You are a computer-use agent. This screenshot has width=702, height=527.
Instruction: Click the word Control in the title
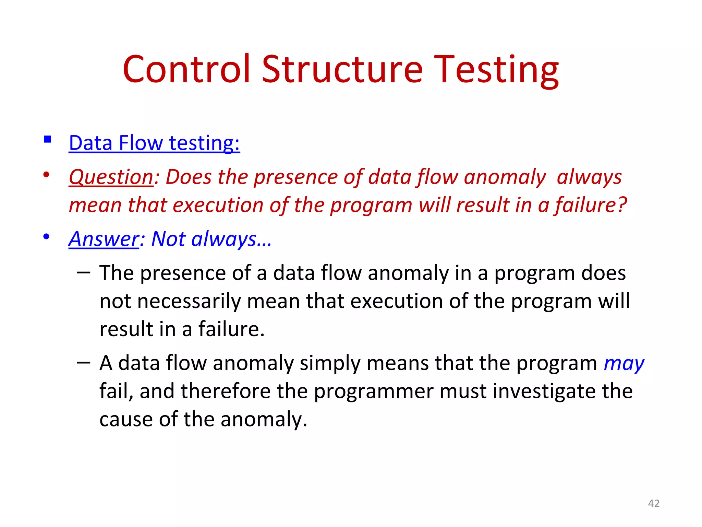[186, 69]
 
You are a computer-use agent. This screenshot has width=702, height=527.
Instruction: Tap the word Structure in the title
[342, 69]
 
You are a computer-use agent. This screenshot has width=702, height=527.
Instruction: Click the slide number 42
[654, 503]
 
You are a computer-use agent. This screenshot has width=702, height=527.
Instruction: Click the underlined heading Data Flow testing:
[154, 143]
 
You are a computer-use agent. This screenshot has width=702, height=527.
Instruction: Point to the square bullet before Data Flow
[48, 139]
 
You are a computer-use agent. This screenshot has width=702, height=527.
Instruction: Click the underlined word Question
[111, 177]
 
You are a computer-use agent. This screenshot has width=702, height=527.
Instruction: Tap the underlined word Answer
[104, 239]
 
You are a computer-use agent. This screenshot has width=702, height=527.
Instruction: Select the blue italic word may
[624, 364]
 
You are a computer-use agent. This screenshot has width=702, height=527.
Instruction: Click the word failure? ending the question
[591, 205]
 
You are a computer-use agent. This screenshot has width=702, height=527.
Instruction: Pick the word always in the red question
[589, 177]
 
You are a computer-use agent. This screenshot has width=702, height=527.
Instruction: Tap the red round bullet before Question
[46, 175]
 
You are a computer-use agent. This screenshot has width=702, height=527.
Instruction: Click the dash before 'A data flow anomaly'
[84, 363]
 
